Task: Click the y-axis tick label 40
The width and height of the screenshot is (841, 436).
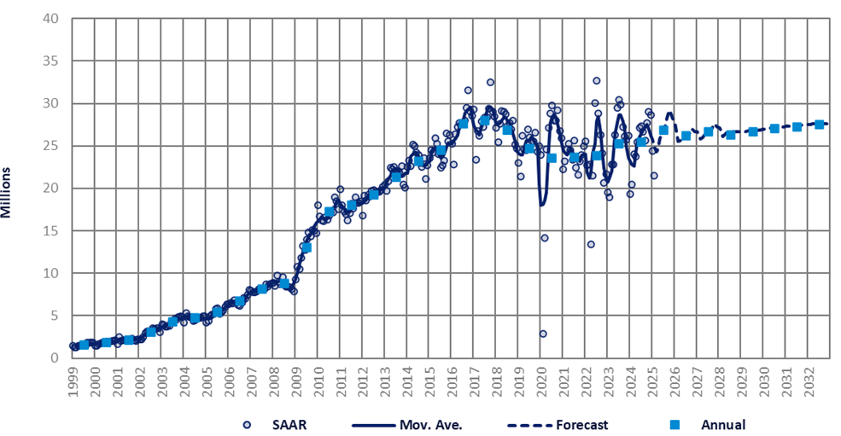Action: pos(50,19)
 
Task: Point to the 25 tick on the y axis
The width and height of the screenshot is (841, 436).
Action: pos(50,146)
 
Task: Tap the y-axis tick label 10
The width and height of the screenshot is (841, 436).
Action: pos(50,273)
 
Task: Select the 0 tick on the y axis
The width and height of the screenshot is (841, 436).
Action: pos(54,358)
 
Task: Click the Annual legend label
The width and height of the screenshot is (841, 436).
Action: pos(723,424)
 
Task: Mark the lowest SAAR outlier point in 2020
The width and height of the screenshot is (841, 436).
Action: pos(542,334)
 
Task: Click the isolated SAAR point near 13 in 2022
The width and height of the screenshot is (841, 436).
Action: pos(590,244)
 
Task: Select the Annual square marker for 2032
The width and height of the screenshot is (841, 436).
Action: pos(819,125)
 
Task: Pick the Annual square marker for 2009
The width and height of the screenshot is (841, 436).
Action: pos(307,247)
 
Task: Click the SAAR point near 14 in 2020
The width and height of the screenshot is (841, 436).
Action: pos(544,238)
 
